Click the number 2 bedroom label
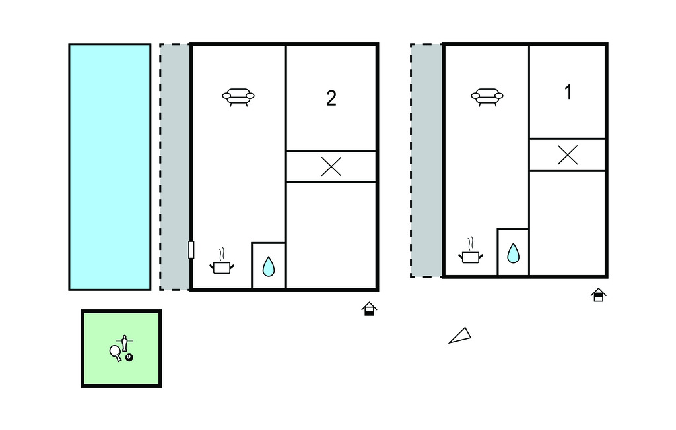[331, 98]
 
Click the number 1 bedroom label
[568, 93]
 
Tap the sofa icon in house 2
[238, 97]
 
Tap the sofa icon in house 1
[487, 96]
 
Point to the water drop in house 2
[269, 266]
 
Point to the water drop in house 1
[513, 253]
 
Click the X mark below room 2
[331, 167]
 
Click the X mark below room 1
[568, 155]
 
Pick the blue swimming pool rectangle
[110, 166]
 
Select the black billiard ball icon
[129, 357]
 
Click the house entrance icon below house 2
[370, 309]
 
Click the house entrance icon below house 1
[598, 295]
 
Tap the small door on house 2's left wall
[191, 249]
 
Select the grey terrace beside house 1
[426, 160]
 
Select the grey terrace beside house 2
[175, 166]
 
